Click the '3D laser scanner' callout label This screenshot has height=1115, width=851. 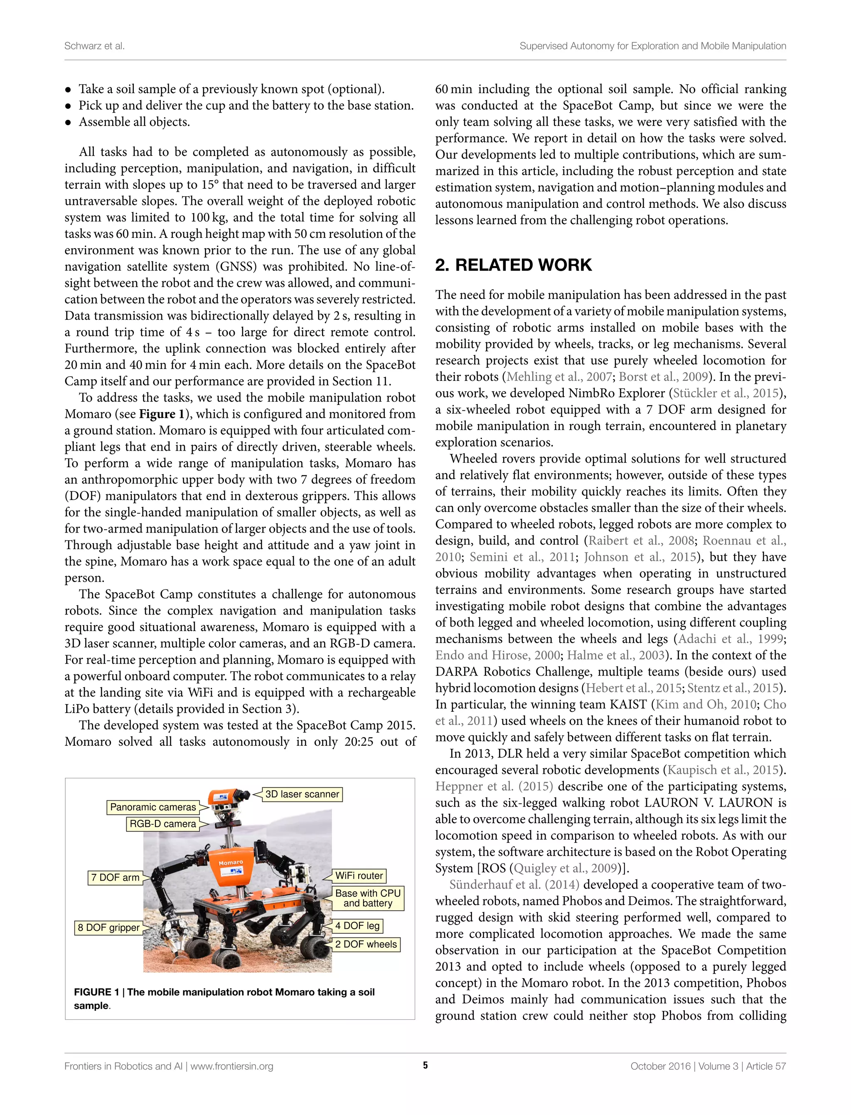coord(302,794)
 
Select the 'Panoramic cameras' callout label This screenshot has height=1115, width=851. coord(152,807)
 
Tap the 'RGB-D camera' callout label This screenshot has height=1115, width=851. coord(162,824)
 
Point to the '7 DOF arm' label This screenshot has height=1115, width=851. coord(115,877)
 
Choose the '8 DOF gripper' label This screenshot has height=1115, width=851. coord(108,928)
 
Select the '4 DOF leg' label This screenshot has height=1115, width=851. coord(357,925)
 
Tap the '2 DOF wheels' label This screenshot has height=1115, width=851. coord(366,944)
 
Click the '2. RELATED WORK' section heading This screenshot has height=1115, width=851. coord(513,265)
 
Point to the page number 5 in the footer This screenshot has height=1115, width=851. coord(425,1066)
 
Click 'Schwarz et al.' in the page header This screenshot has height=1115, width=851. coord(94,46)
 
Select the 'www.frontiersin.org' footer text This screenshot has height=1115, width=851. coord(231,1066)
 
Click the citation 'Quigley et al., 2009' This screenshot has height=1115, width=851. coord(566,868)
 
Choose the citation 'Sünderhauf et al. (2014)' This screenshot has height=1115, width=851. coord(514,884)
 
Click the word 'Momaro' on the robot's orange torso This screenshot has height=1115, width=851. coord(231,862)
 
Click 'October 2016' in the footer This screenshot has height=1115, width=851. coord(660,1066)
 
